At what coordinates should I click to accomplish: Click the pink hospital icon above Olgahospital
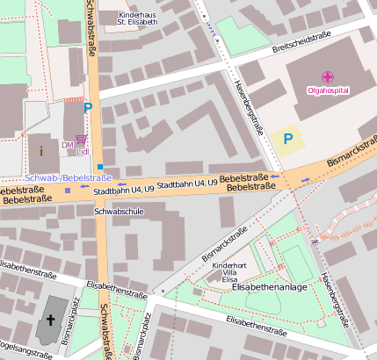(x=327, y=77)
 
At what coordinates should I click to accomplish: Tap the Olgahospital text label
(x=327, y=90)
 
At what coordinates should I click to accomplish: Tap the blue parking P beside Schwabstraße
(x=87, y=109)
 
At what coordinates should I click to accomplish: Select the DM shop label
(x=67, y=145)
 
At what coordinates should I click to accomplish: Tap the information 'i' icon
(x=41, y=151)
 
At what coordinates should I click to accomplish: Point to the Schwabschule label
(x=118, y=212)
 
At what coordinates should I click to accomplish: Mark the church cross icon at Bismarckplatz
(x=50, y=321)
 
